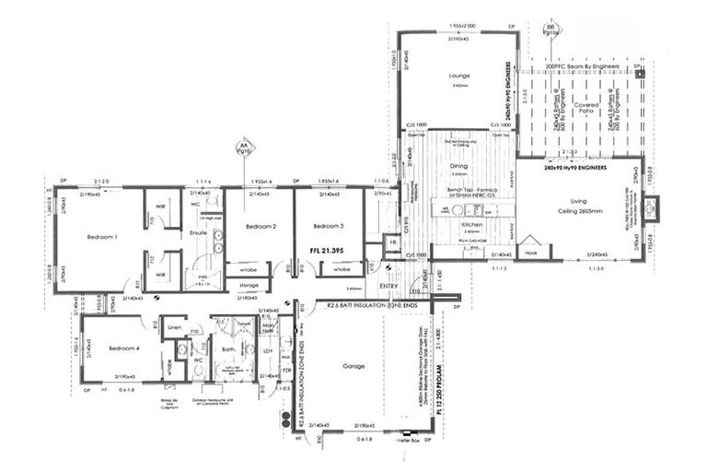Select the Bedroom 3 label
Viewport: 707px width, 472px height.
pyautogui.click(x=328, y=226)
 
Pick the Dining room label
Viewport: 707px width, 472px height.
pyautogui.click(x=459, y=166)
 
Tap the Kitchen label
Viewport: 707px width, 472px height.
pyautogui.click(x=460, y=225)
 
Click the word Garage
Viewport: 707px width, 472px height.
pyautogui.click(x=353, y=366)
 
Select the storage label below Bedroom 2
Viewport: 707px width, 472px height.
pyautogui.click(x=249, y=285)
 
